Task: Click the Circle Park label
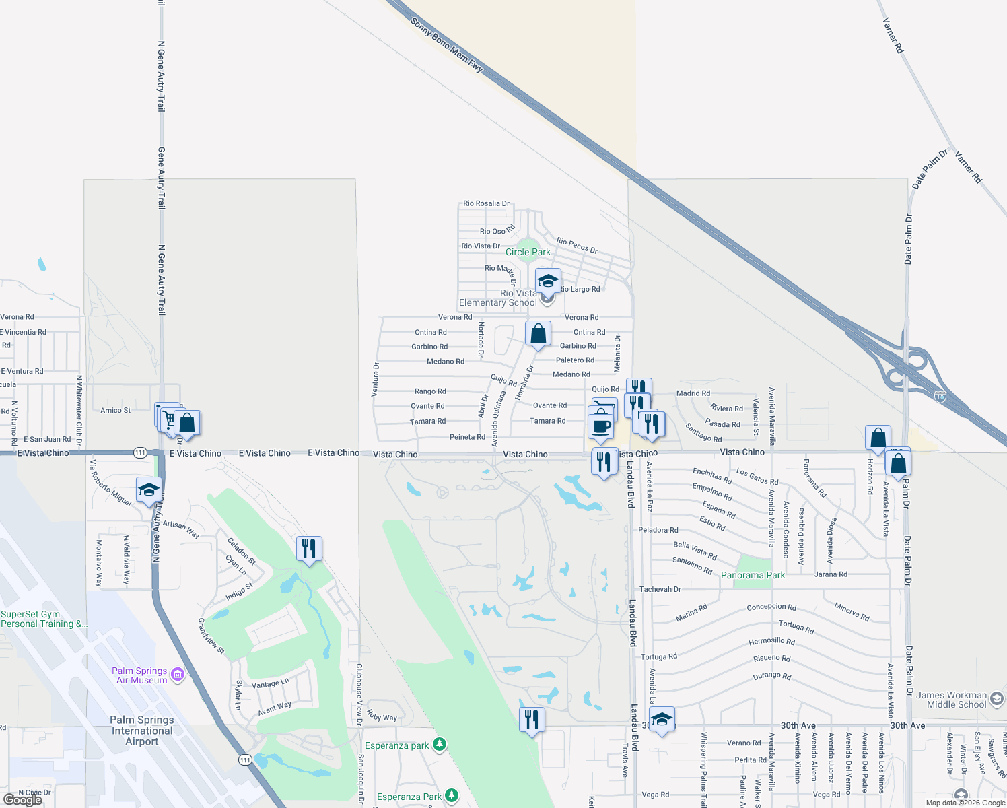pyautogui.click(x=528, y=252)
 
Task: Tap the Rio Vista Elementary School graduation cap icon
pyautogui.click(x=548, y=280)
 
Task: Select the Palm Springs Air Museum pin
pyautogui.click(x=178, y=675)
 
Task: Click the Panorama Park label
pyautogui.click(x=753, y=575)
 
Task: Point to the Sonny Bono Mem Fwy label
pyautogui.click(x=446, y=44)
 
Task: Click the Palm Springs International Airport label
pyautogui.click(x=142, y=731)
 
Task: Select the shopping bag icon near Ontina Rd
pyautogui.click(x=538, y=333)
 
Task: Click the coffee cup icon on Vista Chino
pyautogui.click(x=601, y=426)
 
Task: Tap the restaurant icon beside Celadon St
pyautogui.click(x=309, y=549)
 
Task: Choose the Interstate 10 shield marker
pyautogui.click(x=940, y=397)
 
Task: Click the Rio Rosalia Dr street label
pyautogui.click(x=486, y=203)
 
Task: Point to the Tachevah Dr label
pyautogui.click(x=660, y=589)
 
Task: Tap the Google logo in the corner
pyautogui.click(x=23, y=800)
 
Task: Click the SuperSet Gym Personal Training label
pyautogui.click(x=43, y=619)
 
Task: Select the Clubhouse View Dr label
pyautogui.click(x=359, y=694)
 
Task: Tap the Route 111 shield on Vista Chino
pyautogui.click(x=140, y=452)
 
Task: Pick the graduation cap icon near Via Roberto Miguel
pyautogui.click(x=149, y=490)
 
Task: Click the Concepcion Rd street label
pyautogui.click(x=771, y=607)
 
